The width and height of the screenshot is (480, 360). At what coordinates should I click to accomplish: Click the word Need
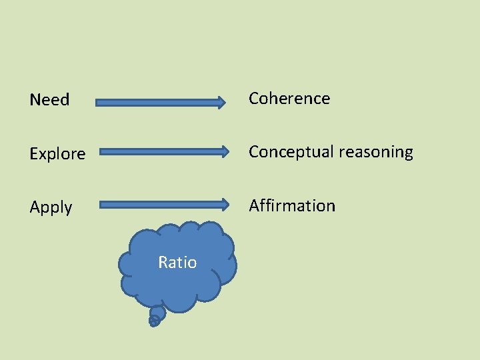click(49, 100)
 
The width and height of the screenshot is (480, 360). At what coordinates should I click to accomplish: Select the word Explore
click(57, 154)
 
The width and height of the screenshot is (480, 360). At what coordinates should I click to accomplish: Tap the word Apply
click(51, 207)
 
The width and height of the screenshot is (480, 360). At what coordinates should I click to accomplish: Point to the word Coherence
click(289, 99)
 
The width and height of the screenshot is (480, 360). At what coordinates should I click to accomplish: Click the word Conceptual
click(291, 153)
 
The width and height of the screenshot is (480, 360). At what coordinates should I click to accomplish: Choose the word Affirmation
click(292, 206)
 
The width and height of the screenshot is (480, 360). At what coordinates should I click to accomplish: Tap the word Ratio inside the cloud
click(177, 263)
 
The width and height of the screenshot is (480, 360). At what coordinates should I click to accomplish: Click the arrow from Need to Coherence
click(160, 102)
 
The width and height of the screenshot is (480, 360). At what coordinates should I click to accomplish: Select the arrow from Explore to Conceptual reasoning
click(163, 151)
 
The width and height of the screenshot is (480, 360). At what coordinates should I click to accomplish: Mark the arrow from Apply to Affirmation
click(163, 204)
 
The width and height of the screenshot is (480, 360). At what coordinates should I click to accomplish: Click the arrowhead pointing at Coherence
click(221, 102)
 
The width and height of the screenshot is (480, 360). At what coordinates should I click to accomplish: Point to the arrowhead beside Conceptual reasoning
click(225, 151)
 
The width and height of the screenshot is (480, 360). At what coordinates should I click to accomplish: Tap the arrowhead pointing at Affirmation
click(225, 204)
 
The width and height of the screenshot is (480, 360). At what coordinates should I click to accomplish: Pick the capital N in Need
click(35, 100)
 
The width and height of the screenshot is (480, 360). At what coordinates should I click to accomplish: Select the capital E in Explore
click(34, 154)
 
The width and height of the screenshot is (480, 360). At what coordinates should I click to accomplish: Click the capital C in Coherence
click(255, 99)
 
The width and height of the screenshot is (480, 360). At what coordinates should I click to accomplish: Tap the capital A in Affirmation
click(254, 206)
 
